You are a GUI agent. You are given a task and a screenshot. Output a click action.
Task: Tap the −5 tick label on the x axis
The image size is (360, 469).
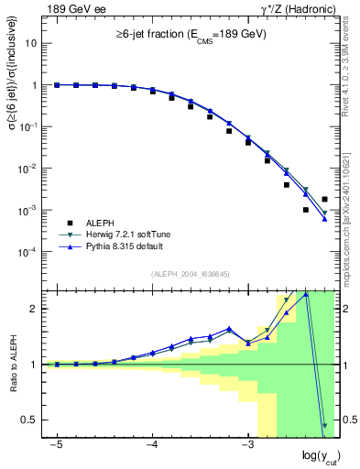click(x=56, y=444)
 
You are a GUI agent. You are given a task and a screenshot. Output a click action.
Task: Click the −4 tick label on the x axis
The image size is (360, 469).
click(x=151, y=444)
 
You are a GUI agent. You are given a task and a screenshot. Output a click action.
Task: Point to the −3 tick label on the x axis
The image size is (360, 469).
click(x=246, y=444)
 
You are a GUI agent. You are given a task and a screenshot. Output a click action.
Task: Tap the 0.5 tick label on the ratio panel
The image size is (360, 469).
click(x=27, y=420)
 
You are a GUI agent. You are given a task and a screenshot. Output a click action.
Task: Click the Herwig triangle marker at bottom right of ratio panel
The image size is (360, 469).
click(x=324, y=425)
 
